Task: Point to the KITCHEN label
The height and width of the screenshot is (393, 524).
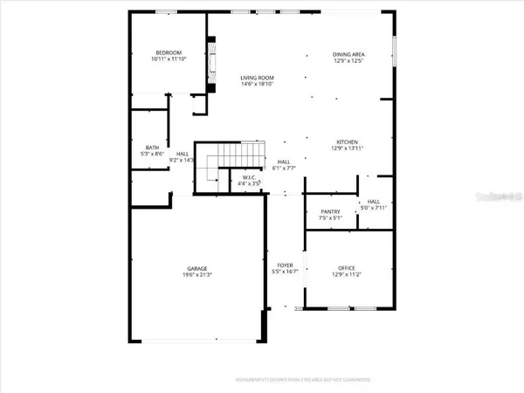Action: [x=348, y=142]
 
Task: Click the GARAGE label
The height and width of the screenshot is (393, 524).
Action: [x=196, y=268]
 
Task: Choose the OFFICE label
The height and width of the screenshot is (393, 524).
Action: [x=348, y=268]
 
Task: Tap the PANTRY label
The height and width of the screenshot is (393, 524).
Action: [x=331, y=210]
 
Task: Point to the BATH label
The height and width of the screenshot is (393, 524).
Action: [x=152, y=148]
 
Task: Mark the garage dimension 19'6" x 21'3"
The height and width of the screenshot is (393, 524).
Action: [x=196, y=275]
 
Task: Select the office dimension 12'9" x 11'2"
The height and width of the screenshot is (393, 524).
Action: [x=348, y=275]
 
